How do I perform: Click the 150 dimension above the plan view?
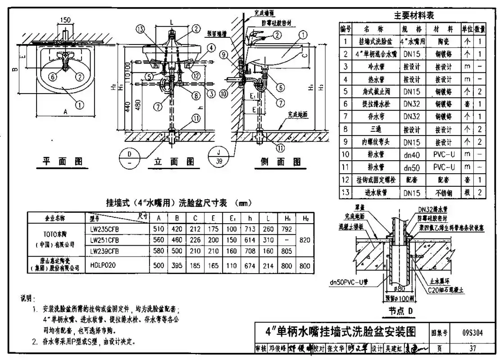coord(66,20)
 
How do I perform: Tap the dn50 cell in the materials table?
coord(411,168)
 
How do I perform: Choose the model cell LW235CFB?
coord(105,229)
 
